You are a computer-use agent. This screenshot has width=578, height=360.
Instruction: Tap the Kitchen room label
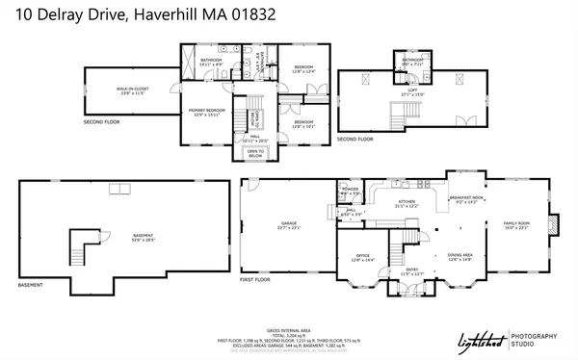[x=407, y=203]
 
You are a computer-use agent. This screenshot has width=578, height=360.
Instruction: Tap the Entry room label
[x=411, y=272]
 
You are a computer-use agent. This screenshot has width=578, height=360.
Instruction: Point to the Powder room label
[x=351, y=190]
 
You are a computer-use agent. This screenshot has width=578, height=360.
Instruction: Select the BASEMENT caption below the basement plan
[x=31, y=285]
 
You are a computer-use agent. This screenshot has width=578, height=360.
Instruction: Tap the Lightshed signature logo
[x=482, y=340]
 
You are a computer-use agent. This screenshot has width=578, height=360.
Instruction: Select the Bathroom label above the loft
[x=412, y=61]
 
